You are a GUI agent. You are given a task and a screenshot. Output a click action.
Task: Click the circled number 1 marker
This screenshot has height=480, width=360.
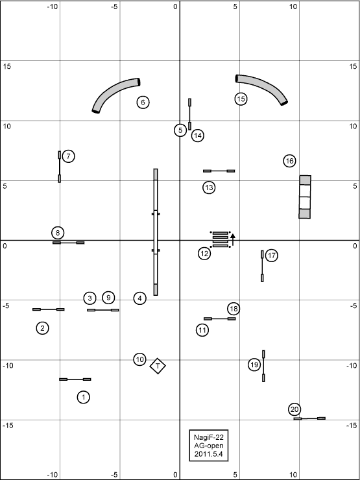coord(83,398)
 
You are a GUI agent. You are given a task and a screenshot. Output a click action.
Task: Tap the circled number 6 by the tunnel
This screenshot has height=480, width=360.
coord(143,102)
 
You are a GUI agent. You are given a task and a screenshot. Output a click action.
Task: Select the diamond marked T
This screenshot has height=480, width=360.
coord(158,366)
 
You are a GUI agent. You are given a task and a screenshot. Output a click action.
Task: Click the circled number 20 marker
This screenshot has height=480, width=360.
coord(294,409)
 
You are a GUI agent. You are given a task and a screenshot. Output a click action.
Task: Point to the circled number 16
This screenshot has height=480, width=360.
coord(289,161)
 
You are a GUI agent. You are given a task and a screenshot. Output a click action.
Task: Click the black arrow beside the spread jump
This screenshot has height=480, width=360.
coord(233,240)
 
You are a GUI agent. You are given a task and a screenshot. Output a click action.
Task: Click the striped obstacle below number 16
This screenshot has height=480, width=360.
coord(305,197)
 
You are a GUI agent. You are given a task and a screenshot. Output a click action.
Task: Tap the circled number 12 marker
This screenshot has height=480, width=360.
coord(204,254)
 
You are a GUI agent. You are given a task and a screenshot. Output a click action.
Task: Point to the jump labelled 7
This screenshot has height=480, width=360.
coord(60,167)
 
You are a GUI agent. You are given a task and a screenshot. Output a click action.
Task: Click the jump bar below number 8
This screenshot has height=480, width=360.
coord(68,243)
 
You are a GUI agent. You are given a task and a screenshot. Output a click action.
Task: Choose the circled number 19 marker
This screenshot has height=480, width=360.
coord(254,365)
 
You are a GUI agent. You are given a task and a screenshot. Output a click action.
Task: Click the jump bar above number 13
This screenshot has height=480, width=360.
coord(219,171)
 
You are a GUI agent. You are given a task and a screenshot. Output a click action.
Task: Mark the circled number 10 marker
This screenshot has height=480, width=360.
coord(139,359)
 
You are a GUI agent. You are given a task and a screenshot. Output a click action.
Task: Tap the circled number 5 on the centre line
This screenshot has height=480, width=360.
coord(180,130)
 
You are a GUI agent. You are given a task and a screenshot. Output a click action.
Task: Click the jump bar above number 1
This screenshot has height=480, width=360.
coord(75,379)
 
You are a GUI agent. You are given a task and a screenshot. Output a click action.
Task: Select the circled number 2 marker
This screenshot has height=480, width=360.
coord(43,328)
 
